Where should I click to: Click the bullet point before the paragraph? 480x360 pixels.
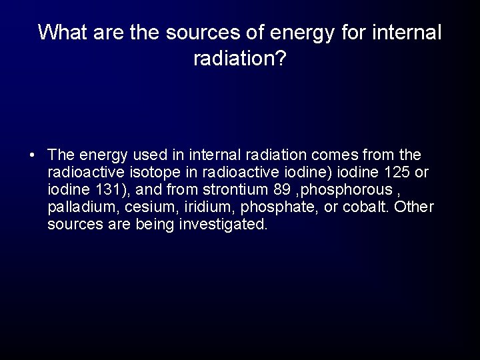[x=33, y=156]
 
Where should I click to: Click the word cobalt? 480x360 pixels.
[x=359, y=207]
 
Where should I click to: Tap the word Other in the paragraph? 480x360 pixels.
[x=414, y=207]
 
